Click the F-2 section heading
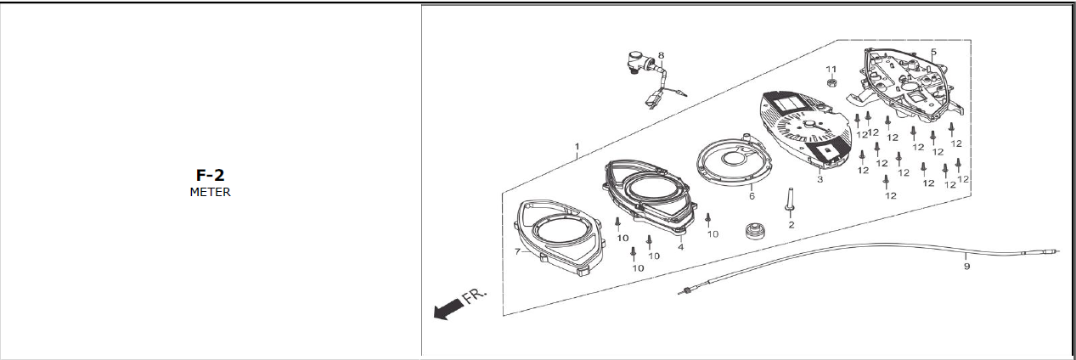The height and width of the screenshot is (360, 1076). click(x=210, y=176)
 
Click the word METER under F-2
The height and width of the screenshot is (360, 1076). click(x=210, y=192)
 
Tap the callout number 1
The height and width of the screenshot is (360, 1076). click(x=577, y=146)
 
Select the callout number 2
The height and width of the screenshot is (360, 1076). click(x=791, y=225)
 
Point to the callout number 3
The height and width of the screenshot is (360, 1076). click(x=820, y=180)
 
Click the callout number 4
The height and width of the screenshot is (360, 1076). click(x=680, y=247)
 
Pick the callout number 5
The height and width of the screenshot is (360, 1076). click(x=933, y=52)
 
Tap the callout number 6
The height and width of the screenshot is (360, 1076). click(x=752, y=195)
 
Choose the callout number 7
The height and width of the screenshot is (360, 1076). click(x=517, y=251)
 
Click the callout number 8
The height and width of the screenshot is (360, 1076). click(x=661, y=56)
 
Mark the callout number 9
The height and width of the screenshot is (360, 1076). click(x=966, y=267)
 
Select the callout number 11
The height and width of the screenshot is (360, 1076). click(x=831, y=68)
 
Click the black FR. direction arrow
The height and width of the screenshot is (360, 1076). click(x=446, y=311)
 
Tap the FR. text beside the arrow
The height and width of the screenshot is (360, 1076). click(x=476, y=296)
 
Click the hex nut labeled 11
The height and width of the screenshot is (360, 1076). click(x=832, y=83)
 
